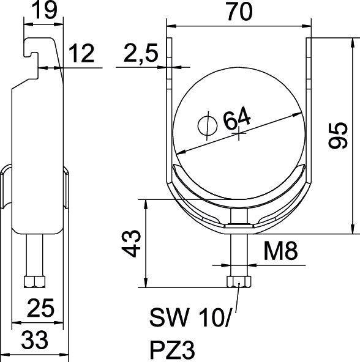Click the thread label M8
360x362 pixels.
[x=277, y=250]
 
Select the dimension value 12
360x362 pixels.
[x=81, y=54]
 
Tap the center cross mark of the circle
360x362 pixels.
[x=238, y=134]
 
